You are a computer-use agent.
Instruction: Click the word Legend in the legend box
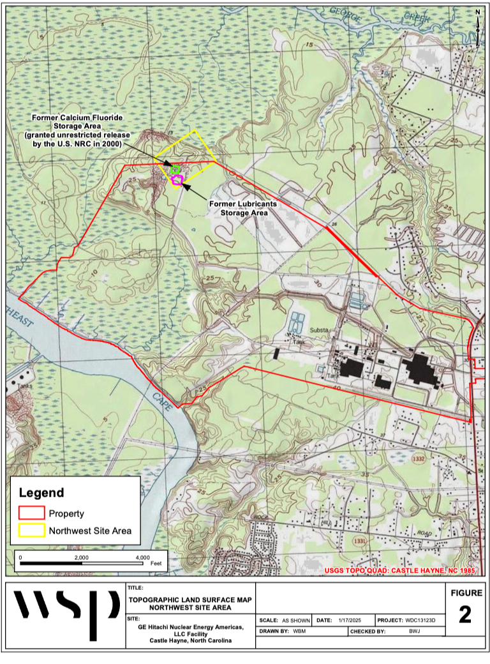pos(41,493)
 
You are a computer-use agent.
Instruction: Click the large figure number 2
pos(464,614)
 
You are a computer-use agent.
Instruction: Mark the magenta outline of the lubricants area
pos(177,181)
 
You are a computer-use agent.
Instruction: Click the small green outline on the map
pos(175,170)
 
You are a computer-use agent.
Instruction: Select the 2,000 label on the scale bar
pos(81,557)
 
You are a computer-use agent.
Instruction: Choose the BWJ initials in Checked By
pos(415,631)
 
